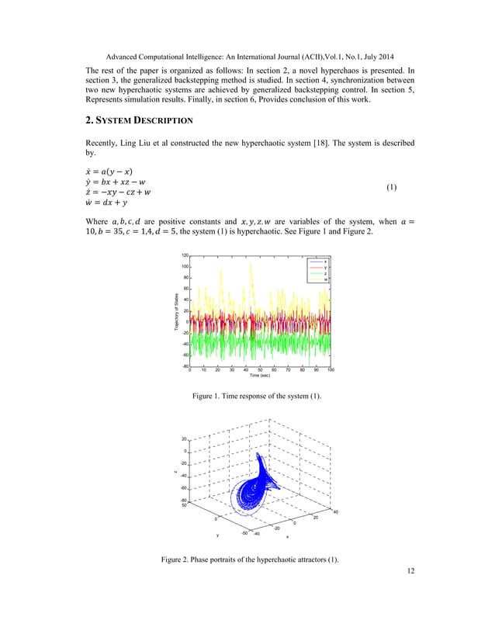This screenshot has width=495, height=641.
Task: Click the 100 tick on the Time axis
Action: [331, 371]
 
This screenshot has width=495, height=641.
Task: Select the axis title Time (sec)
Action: [260, 376]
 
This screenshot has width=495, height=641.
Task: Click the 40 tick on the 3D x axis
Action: [334, 511]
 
